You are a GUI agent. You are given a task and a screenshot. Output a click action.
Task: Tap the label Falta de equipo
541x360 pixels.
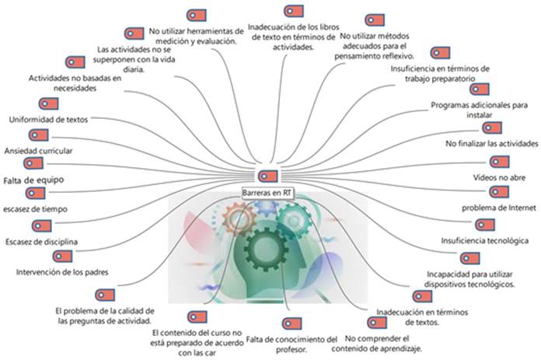(x=33, y=180)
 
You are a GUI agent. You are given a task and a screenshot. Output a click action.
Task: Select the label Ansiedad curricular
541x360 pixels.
(x=39, y=151)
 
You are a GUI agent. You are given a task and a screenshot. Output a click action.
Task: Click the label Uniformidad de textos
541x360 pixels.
(x=48, y=120)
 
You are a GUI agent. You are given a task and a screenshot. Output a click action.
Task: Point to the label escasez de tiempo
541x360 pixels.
(x=36, y=209)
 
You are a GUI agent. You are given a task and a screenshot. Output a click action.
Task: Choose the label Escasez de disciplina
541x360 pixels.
(x=41, y=241)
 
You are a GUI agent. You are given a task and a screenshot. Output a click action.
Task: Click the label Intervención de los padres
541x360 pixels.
(x=61, y=272)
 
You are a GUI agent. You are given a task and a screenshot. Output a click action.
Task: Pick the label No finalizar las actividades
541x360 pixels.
(x=491, y=144)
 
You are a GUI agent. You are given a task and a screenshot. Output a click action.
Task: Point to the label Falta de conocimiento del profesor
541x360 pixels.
(x=291, y=344)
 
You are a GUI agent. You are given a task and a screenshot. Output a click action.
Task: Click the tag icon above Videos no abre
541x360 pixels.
(x=500, y=162)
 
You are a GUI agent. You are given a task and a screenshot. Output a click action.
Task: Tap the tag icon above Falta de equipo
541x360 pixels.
(x=33, y=163)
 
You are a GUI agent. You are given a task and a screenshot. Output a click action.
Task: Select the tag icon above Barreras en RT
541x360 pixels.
(x=267, y=176)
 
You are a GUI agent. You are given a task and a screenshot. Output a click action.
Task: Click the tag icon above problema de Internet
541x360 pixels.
(x=501, y=192)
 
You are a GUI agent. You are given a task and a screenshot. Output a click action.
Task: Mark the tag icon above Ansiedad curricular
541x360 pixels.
(x=37, y=135)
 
